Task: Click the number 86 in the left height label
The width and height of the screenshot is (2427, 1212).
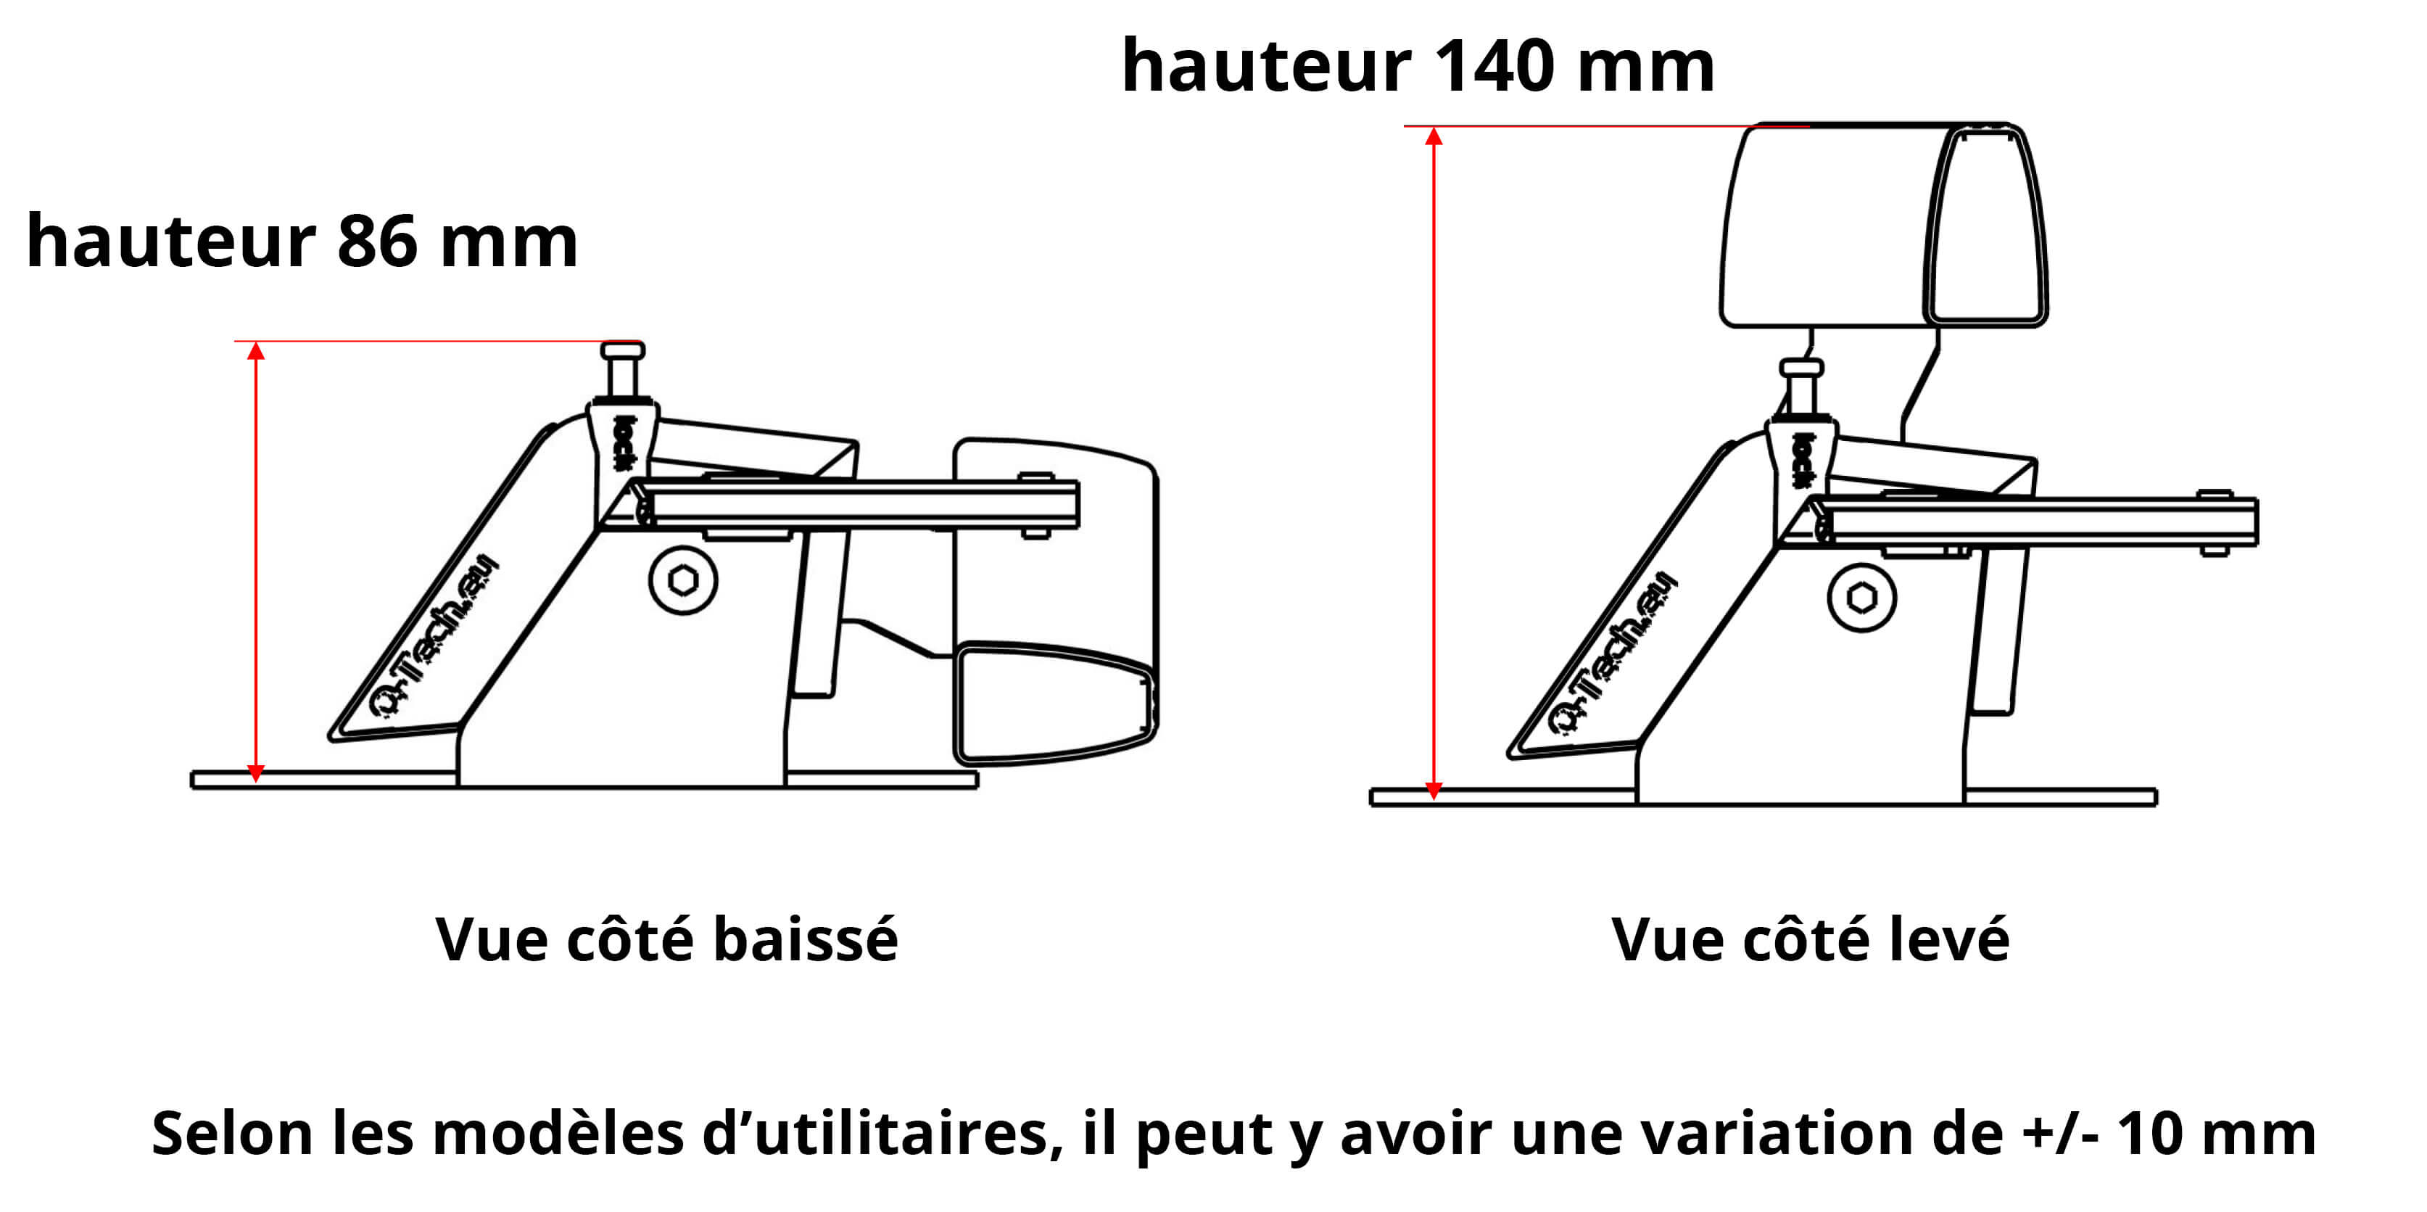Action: coord(377,242)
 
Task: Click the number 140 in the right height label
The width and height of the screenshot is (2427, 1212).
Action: coord(1492,67)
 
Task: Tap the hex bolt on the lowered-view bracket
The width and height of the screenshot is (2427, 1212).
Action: coord(683,580)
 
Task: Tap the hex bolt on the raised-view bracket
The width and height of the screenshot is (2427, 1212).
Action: coord(1861,598)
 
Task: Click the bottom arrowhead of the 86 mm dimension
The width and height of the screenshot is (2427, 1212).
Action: coord(255,772)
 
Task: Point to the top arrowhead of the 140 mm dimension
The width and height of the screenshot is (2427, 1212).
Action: coord(1434,136)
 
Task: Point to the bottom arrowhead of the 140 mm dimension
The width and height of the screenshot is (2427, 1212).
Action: coord(1434,791)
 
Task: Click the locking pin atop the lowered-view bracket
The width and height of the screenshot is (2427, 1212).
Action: coord(622,371)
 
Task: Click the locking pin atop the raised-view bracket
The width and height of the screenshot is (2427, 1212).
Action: coord(1801,387)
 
